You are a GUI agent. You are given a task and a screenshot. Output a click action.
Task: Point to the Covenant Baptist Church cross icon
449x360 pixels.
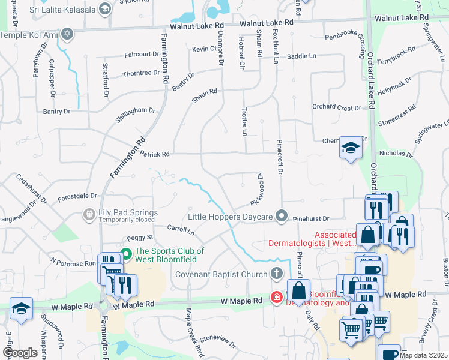point(276,274)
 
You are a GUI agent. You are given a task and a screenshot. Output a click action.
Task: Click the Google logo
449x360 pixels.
point(20,353)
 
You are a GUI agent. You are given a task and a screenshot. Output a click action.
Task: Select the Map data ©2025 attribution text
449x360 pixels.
point(423,355)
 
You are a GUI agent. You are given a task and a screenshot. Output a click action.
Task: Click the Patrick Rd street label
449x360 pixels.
point(155,154)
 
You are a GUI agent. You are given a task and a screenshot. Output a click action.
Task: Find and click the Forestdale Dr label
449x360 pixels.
point(77,196)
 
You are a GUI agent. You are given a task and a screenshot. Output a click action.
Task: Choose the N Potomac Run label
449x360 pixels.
point(73,262)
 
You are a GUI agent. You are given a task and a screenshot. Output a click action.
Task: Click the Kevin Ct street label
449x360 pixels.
point(204,49)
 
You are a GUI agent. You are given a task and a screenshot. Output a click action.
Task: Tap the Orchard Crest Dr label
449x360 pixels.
point(336,107)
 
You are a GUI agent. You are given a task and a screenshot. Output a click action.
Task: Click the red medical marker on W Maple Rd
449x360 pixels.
point(276,298)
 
